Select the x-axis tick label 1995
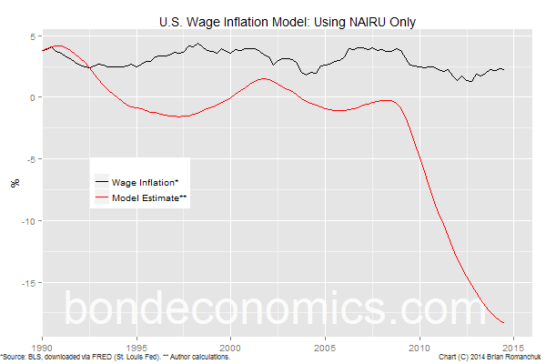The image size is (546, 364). pos(136,348)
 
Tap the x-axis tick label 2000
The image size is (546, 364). pos(231,348)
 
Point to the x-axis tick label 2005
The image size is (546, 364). pos(325,348)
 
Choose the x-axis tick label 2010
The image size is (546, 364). pos(420,348)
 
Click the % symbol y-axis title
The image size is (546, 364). pos(14,182)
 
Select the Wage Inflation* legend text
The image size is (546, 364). pos(150,183)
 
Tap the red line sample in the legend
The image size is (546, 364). pos(101,197)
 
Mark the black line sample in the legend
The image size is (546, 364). pos(101,183)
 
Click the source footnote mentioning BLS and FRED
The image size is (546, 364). pos(116,358)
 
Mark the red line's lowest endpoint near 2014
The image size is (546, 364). pos(504,322)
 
